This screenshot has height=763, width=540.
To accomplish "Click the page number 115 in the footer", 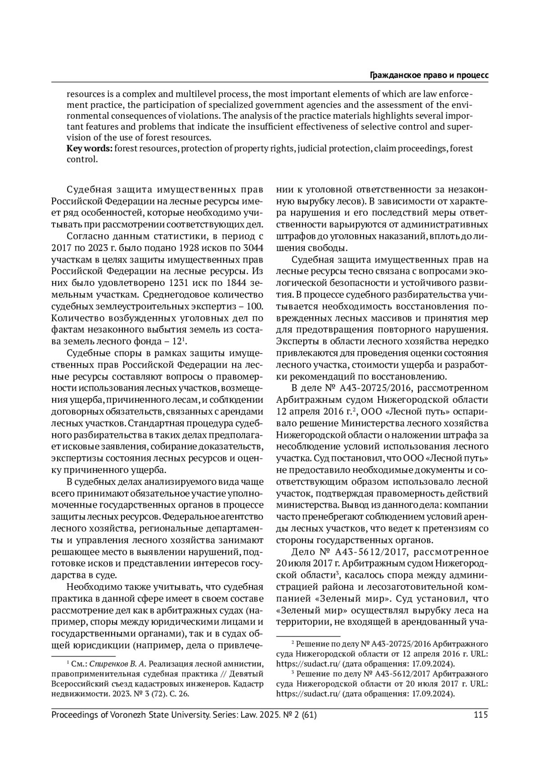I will click(481, 715).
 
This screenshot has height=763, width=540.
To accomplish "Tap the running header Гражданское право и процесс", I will click(429, 75).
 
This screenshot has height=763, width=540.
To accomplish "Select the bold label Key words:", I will click(90, 148).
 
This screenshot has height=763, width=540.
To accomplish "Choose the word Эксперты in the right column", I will click(295, 341).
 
